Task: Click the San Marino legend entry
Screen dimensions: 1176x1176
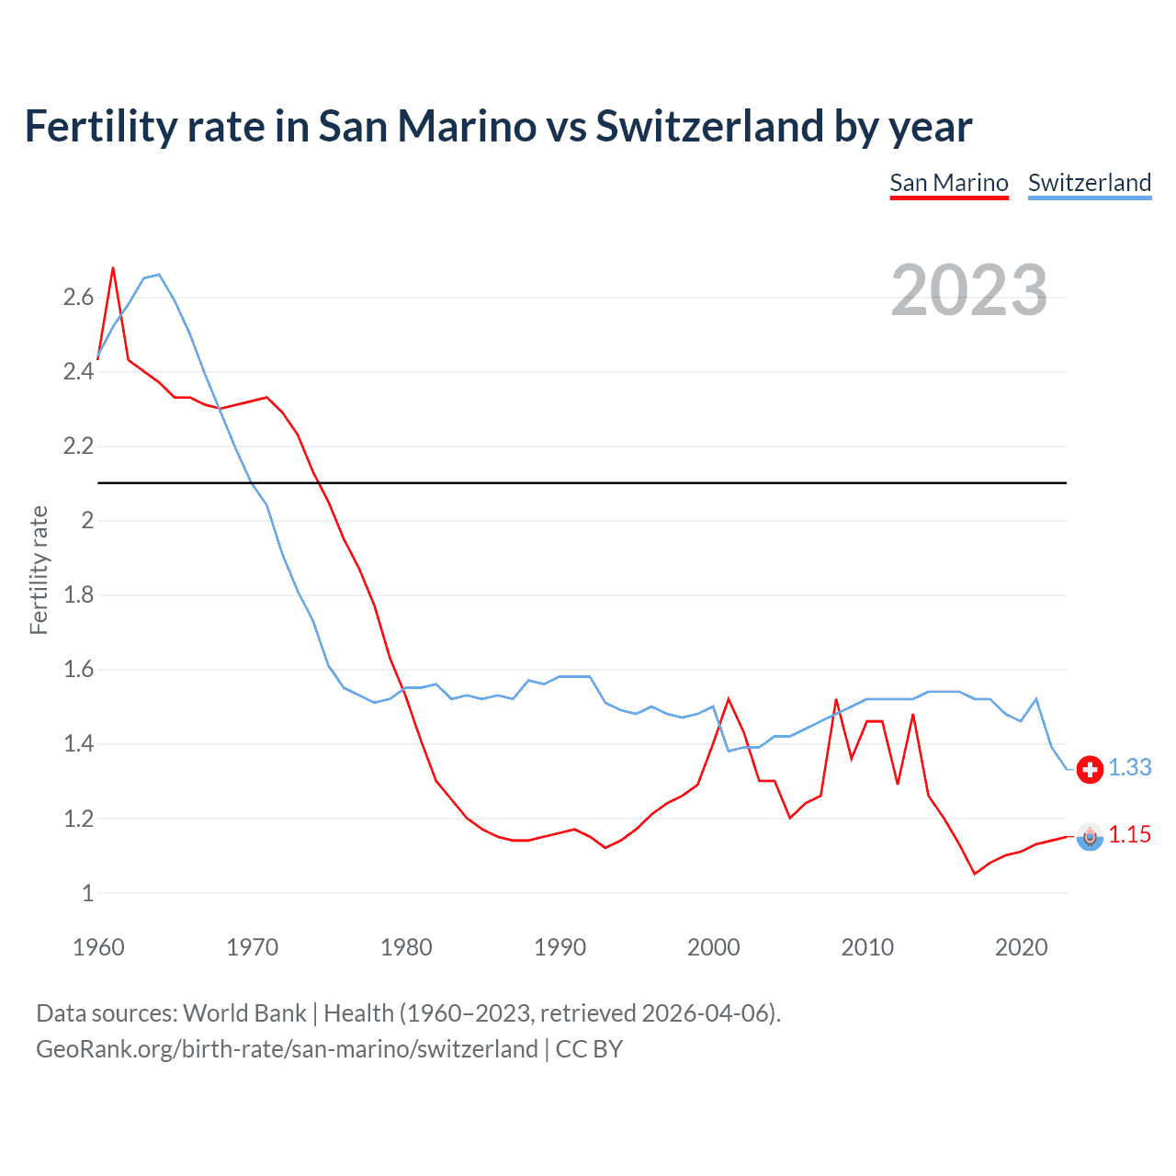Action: pos(949,183)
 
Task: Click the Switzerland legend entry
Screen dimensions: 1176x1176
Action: pos(1089,183)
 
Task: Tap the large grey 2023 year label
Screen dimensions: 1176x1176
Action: pos(968,290)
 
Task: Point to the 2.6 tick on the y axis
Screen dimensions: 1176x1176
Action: pos(78,297)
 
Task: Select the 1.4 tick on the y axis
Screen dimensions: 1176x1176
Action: pos(78,743)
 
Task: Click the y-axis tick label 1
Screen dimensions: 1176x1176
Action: pos(87,893)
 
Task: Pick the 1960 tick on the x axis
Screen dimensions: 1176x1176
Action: pos(98,947)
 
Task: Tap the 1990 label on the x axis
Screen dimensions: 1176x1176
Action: pos(560,947)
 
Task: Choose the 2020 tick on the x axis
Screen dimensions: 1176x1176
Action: pos(1021,947)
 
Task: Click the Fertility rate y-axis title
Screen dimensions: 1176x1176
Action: pos(39,570)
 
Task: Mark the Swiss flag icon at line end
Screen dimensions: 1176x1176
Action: pos(1090,769)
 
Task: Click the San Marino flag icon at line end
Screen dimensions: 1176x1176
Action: pos(1090,836)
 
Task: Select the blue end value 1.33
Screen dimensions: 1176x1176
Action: pos(1129,768)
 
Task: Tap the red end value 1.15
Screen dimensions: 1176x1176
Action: pos(1129,835)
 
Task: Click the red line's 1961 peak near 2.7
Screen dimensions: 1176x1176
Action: pos(113,268)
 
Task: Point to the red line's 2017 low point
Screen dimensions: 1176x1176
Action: pos(975,874)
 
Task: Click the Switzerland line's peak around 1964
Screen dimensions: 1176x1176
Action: pos(159,275)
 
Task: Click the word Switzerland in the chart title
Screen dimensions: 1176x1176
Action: pos(710,126)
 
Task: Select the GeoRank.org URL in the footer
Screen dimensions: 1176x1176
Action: pos(287,1049)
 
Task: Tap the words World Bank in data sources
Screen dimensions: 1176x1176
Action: pos(244,1013)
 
